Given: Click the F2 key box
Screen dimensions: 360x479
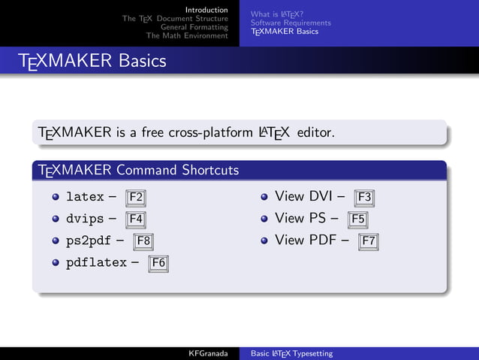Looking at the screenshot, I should point(136,198).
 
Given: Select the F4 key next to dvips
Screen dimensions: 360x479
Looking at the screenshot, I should point(136,220).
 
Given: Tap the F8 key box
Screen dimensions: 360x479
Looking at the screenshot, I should point(144,242).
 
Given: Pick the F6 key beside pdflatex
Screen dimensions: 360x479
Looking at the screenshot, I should point(158,263).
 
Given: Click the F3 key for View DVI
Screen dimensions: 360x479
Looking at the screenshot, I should point(364,198).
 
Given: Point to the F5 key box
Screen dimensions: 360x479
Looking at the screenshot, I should point(358,220).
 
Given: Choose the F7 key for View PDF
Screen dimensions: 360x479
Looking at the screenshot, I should point(368,242).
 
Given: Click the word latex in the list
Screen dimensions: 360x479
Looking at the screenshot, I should point(84,198).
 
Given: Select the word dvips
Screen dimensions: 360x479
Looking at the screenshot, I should point(84,219).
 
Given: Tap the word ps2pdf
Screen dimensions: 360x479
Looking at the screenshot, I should point(89,241).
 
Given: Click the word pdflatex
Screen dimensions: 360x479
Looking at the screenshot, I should point(97,263).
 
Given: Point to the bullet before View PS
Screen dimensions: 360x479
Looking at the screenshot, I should point(264,219).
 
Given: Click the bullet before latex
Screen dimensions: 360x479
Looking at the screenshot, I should point(56,198).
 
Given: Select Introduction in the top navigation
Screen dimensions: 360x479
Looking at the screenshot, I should point(206,9).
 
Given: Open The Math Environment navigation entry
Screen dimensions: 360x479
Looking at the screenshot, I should point(187,35).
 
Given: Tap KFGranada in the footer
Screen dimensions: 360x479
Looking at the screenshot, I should point(208,353).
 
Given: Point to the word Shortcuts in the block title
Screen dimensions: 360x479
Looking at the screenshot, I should point(210,171).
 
